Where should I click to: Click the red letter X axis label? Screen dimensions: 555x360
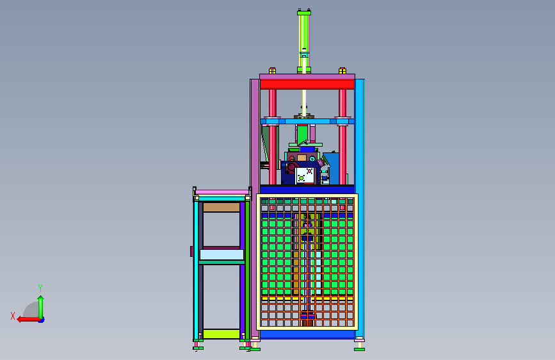pos(13,316)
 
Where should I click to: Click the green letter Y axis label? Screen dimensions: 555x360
pos(40,288)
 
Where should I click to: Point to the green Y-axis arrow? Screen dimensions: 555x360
pos(41,307)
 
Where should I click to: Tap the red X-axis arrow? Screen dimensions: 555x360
pos(28,320)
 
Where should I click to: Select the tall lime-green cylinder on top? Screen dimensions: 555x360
pos(304,41)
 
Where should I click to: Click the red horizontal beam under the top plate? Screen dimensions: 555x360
pos(307,85)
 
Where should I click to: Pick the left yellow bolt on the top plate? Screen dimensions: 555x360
pos(272,70)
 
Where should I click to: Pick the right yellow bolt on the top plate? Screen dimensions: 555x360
pos(342,70)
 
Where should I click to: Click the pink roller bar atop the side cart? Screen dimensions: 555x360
pos(222,192)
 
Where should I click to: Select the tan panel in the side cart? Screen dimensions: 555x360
pos(221,208)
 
